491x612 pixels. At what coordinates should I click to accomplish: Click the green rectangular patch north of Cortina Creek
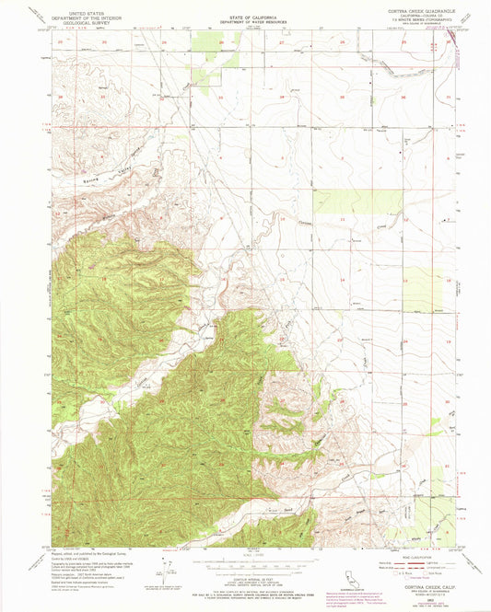(345, 202)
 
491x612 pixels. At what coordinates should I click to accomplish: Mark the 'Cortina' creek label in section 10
(311, 223)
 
